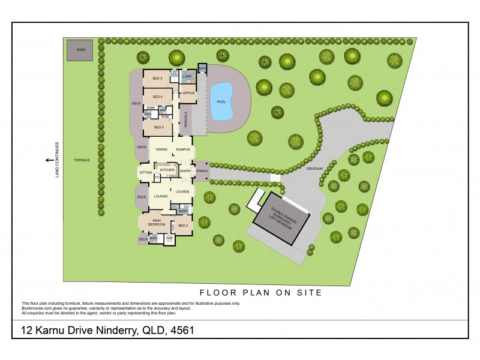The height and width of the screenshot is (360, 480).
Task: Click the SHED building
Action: point(79,50)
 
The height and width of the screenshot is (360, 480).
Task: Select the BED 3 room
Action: point(158,79)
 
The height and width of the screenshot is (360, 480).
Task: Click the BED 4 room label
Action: point(158,97)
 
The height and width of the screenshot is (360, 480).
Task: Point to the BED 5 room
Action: point(158,127)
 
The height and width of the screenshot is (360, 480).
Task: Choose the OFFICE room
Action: point(188,94)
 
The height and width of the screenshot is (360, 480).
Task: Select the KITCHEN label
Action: point(167,171)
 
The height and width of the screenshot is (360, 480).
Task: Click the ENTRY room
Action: point(185,171)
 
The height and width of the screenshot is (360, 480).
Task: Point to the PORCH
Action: point(202,171)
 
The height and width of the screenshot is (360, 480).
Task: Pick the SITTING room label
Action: point(146,172)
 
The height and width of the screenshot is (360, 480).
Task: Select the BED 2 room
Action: point(183,226)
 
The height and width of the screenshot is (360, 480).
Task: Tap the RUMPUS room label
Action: point(183,149)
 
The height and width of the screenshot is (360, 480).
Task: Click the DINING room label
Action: point(161,149)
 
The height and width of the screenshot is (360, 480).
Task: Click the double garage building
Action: point(281,219)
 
